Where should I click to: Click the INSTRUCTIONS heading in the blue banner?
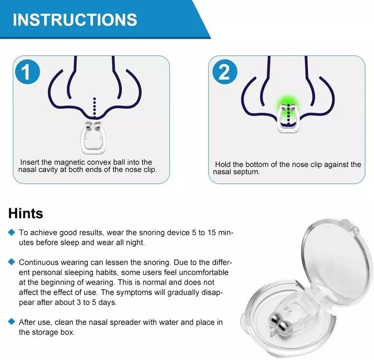tap(75, 20)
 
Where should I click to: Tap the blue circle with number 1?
tap(30, 73)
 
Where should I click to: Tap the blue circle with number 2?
tap(225, 72)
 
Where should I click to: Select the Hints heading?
tap(26, 213)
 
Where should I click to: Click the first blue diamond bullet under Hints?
tap(12, 233)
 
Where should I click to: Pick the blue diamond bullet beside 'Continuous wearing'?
tap(12, 262)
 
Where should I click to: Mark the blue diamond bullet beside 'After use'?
tap(12, 322)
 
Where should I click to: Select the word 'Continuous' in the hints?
tap(39, 262)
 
